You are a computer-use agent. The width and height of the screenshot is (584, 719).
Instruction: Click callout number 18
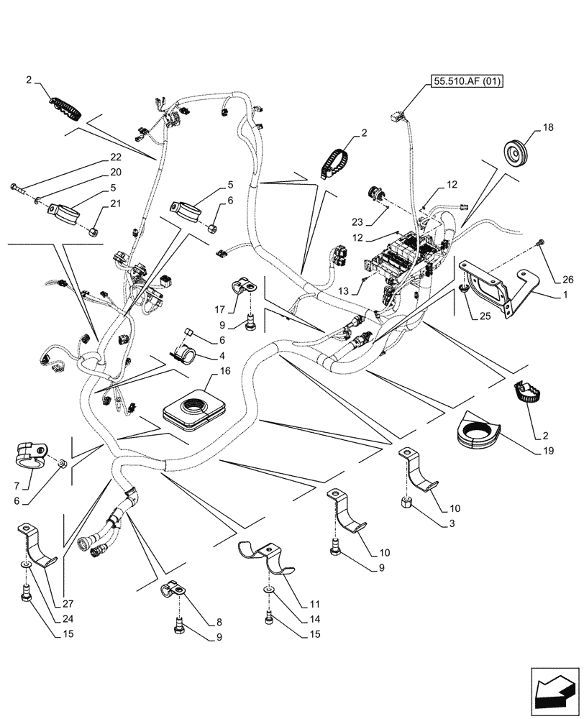(549, 127)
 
